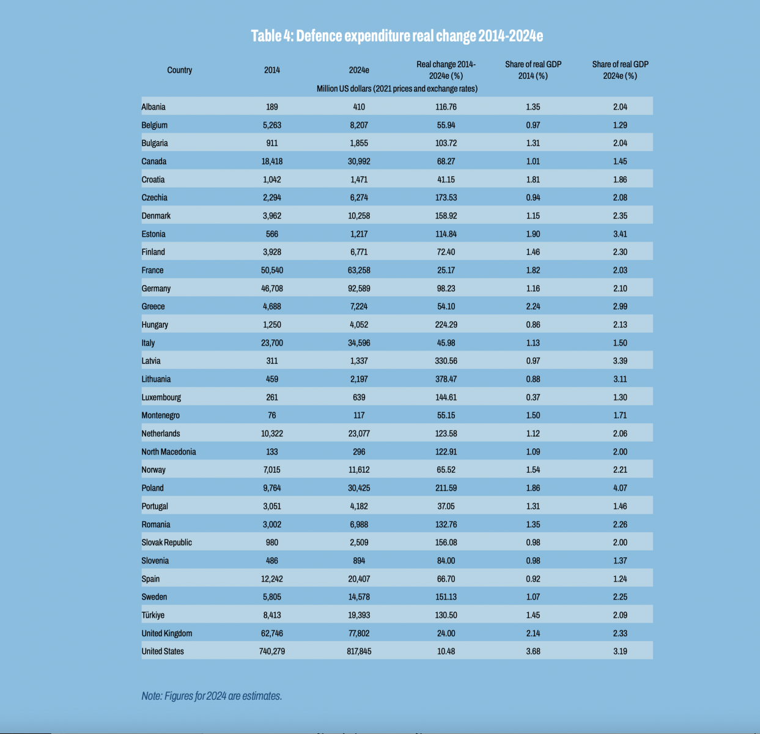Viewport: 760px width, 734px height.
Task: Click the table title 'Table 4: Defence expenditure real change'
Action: pyautogui.click(x=397, y=35)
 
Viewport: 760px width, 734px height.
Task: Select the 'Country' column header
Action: pyautogui.click(x=179, y=70)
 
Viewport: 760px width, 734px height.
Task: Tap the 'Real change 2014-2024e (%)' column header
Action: pyautogui.click(x=446, y=70)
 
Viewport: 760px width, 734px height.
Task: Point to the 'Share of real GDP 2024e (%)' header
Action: pyautogui.click(x=620, y=70)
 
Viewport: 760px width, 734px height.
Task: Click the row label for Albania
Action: pyautogui.click(x=153, y=106)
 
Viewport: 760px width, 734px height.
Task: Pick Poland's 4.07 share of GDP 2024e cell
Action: pyautogui.click(x=620, y=488)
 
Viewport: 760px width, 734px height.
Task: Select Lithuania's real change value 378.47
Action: pyautogui.click(x=446, y=379)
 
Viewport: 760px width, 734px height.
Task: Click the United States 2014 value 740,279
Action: pyautogui.click(x=272, y=651)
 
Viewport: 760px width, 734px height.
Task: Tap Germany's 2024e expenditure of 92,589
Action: pyautogui.click(x=359, y=288)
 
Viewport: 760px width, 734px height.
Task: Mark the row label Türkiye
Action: pyautogui.click(x=153, y=615)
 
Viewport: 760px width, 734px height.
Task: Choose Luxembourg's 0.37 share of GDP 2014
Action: pyautogui.click(x=533, y=398)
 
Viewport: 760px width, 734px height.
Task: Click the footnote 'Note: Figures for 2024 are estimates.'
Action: pyautogui.click(x=212, y=696)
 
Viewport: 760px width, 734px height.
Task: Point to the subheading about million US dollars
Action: pyautogui.click(x=397, y=89)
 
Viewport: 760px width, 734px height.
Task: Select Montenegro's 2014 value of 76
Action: pyautogui.click(x=272, y=415)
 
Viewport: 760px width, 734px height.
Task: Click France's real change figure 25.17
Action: pyautogui.click(x=446, y=270)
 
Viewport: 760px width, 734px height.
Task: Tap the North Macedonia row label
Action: pyautogui.click(x=169, y=452)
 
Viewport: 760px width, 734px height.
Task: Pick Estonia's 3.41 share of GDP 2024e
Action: pyautogui.click(x=620, y=234)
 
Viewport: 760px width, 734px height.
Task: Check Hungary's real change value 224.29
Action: pyautogui.click(x=446, y=325)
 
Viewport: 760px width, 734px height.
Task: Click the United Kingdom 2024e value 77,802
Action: pyautogui.click(x=359, y=634)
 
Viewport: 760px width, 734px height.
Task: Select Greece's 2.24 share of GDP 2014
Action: pyautogui.click(x=533, y=306)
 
